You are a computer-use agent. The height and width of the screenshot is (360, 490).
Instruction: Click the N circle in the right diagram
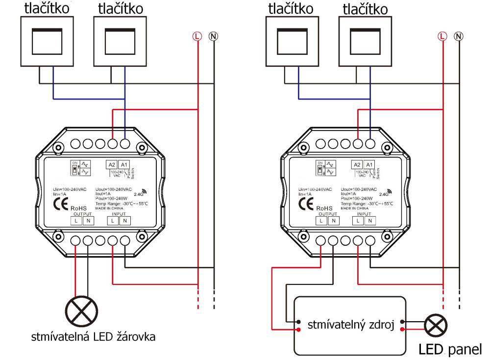tap(459, 36)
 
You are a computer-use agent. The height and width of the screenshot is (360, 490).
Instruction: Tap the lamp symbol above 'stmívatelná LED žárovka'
tap(81, 311)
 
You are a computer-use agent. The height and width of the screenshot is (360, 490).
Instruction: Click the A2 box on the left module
tap(112, 165)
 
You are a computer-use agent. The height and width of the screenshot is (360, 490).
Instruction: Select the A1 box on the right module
tap(369, 165)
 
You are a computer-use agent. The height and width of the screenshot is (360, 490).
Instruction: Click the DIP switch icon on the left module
tap(74, 169)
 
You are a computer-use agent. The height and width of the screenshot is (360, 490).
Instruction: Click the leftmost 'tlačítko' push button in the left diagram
tap(47, 42)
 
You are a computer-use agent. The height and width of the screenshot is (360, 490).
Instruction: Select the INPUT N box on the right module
tap(370, 221)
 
